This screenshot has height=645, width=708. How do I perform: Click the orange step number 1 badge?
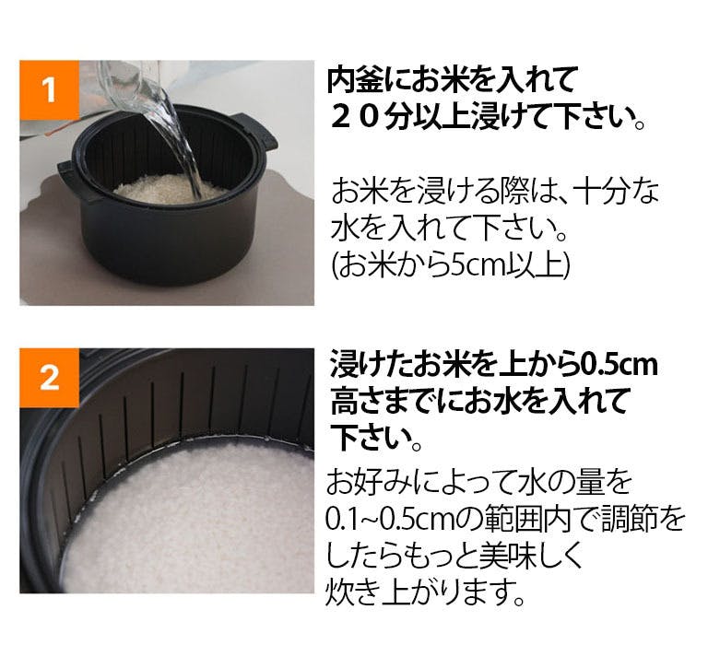tap(49, 89)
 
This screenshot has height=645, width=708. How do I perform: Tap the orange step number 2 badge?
tap(49, 378)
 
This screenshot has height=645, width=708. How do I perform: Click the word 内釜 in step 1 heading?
tap(356, 80)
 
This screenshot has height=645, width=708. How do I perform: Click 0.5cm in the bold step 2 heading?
tap(619, 365)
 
